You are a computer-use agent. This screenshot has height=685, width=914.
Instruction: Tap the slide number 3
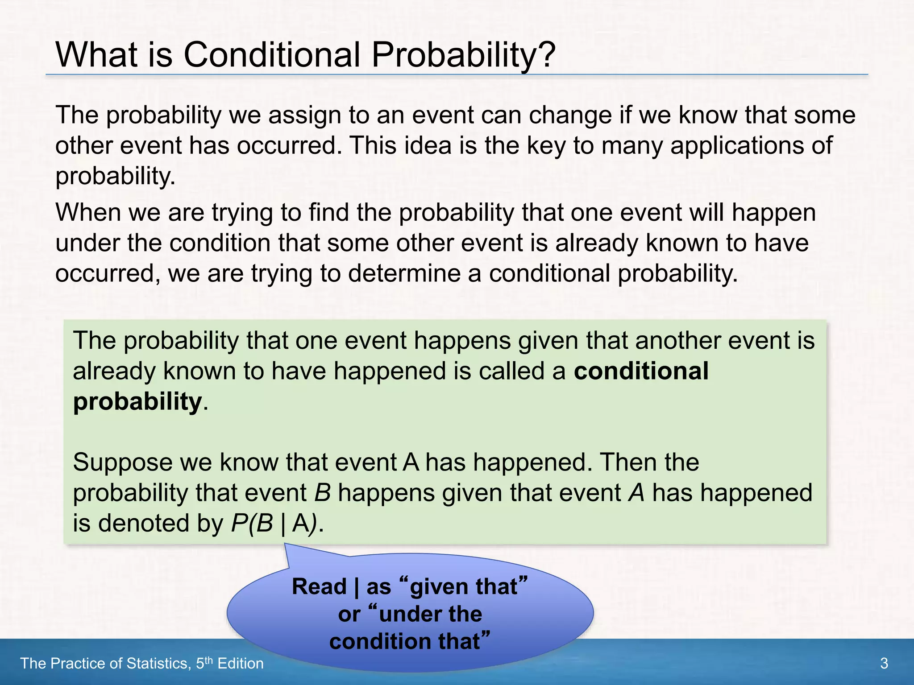click(884, 664)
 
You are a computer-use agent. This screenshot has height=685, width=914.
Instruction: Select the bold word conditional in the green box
click(641, 371)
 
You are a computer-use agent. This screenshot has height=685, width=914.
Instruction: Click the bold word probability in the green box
click(137, 402)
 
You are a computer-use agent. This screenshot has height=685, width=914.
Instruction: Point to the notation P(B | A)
click(276, 523)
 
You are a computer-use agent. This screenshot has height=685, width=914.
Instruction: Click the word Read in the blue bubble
click(319, 586)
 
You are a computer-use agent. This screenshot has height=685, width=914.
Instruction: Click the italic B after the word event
click(322, 493)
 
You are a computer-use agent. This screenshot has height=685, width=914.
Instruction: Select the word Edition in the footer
click(240, 664)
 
